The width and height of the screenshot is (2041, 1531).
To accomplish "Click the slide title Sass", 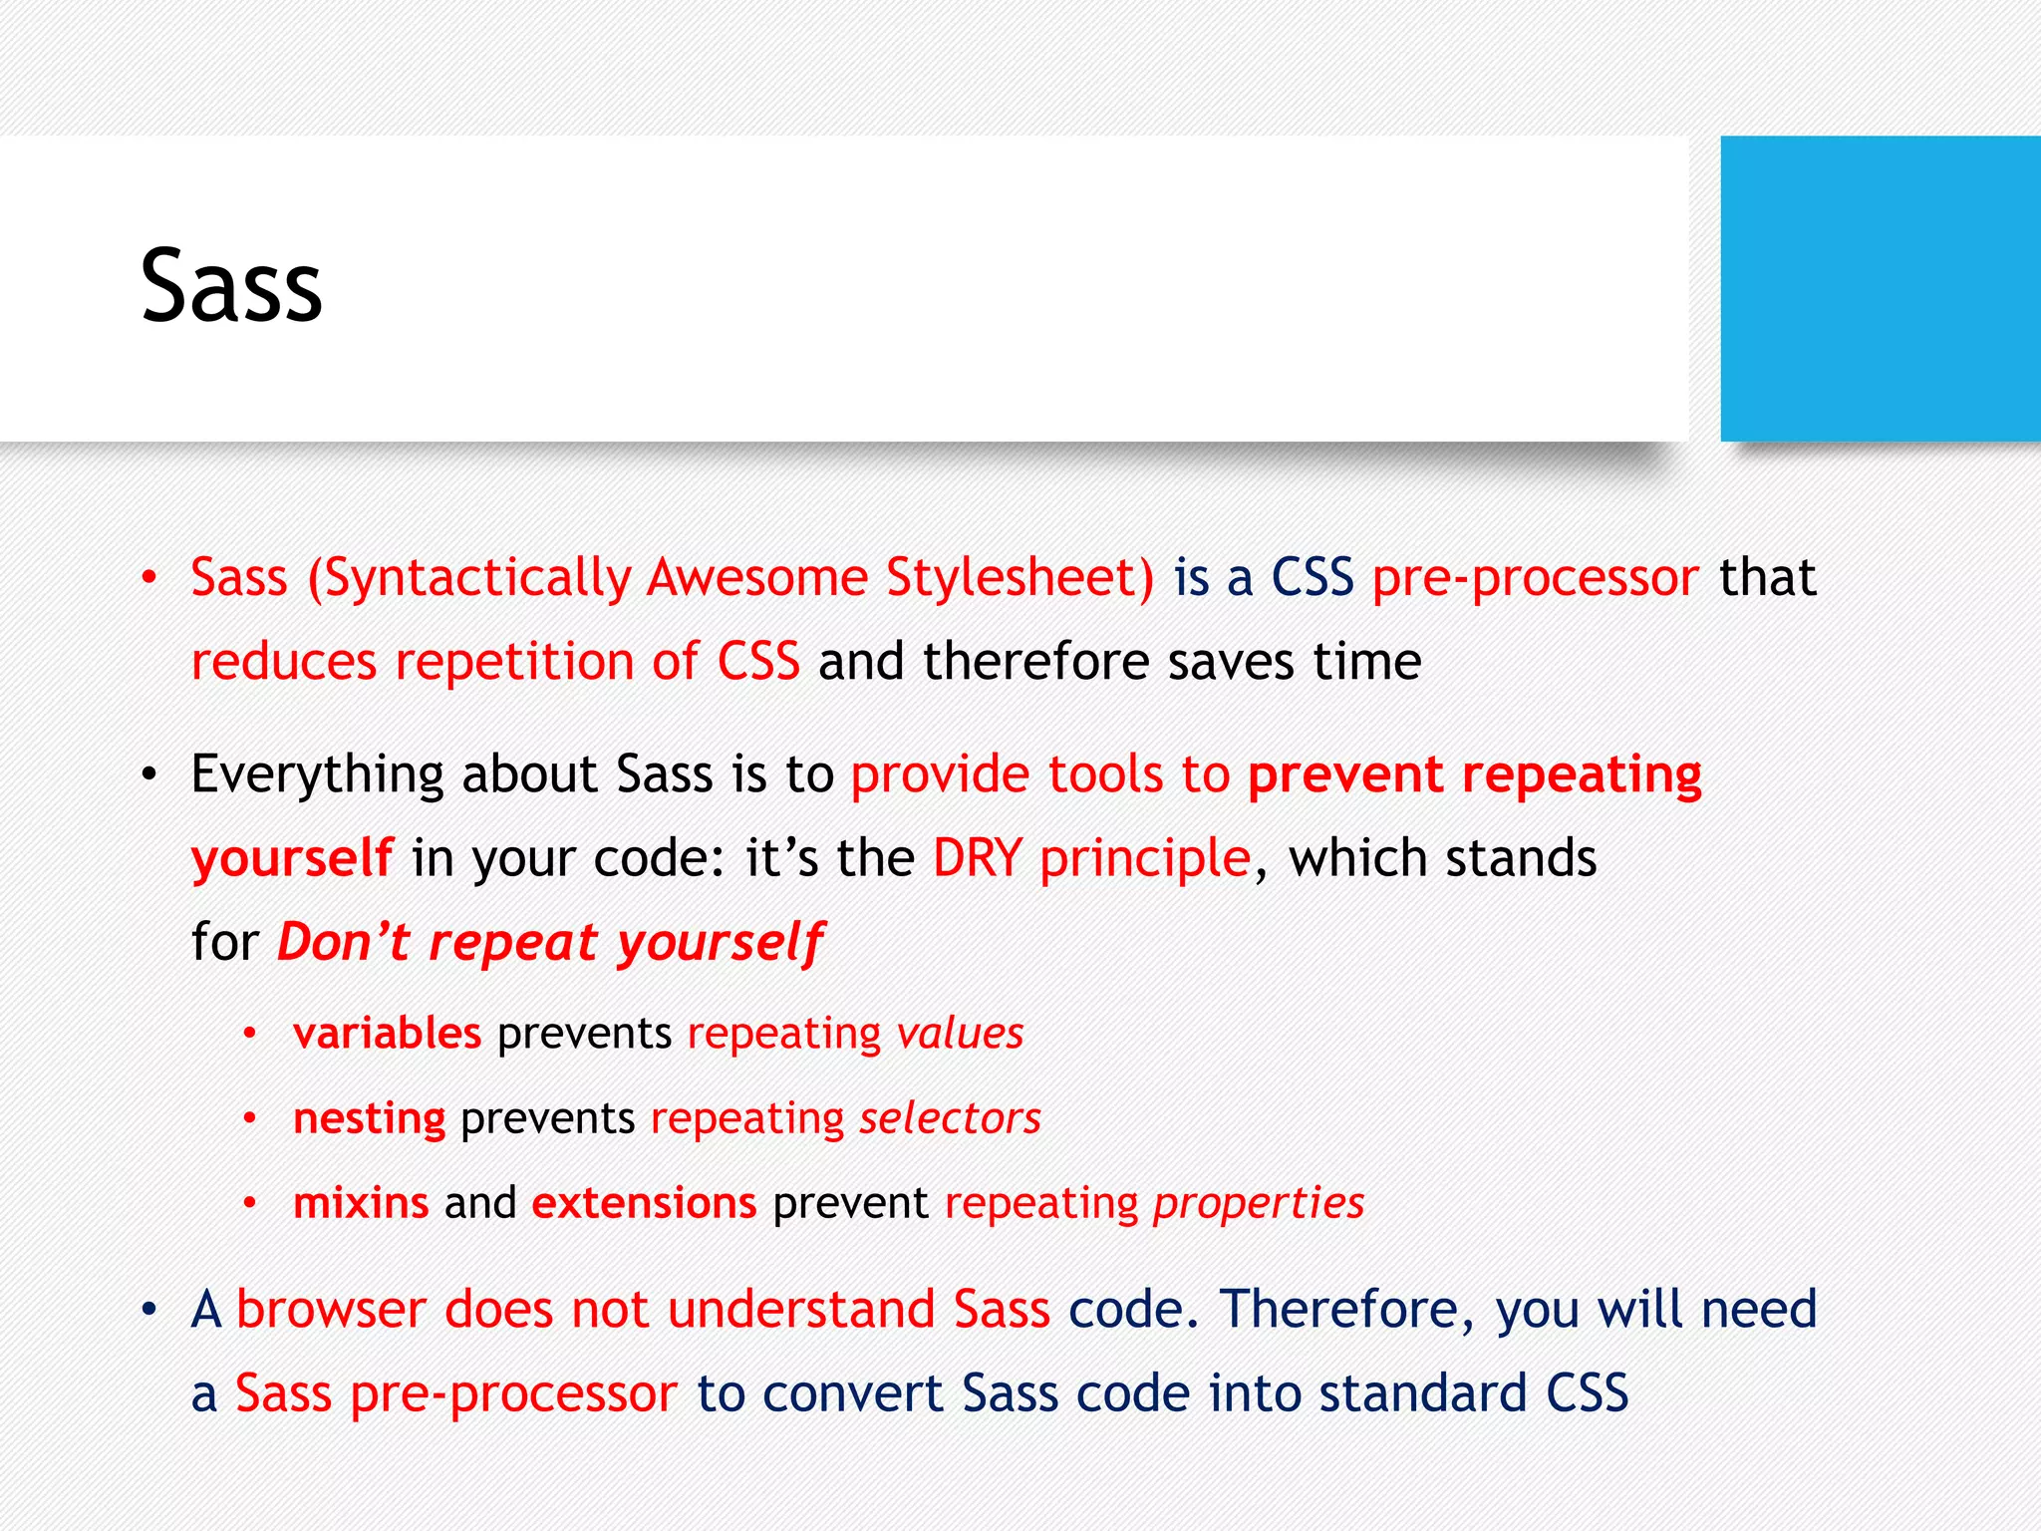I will click(231, 287).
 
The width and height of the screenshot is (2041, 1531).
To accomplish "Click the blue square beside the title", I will click(1880, 288).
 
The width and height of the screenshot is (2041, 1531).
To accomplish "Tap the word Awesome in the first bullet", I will click(757, 578).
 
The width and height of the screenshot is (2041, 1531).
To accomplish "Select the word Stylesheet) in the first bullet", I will click(1020, 578).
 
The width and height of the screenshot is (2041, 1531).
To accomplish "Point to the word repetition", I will click(514, 662).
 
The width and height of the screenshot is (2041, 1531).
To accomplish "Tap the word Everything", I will click(317, 775).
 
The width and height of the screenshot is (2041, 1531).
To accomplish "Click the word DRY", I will click(978, 858).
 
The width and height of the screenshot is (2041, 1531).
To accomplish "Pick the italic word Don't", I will click(343, 942).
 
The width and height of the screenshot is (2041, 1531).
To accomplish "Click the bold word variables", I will click(387, 1034).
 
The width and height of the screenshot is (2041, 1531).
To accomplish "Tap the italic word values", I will click(960, 1034).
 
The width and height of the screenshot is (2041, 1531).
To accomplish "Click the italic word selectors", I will click(950, 1118).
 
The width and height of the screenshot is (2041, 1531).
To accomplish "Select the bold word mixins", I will click(361, 1203).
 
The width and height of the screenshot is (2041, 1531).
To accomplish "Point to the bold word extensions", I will click(644, 1203).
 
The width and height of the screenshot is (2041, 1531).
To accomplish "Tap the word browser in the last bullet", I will click(331, 1310).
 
